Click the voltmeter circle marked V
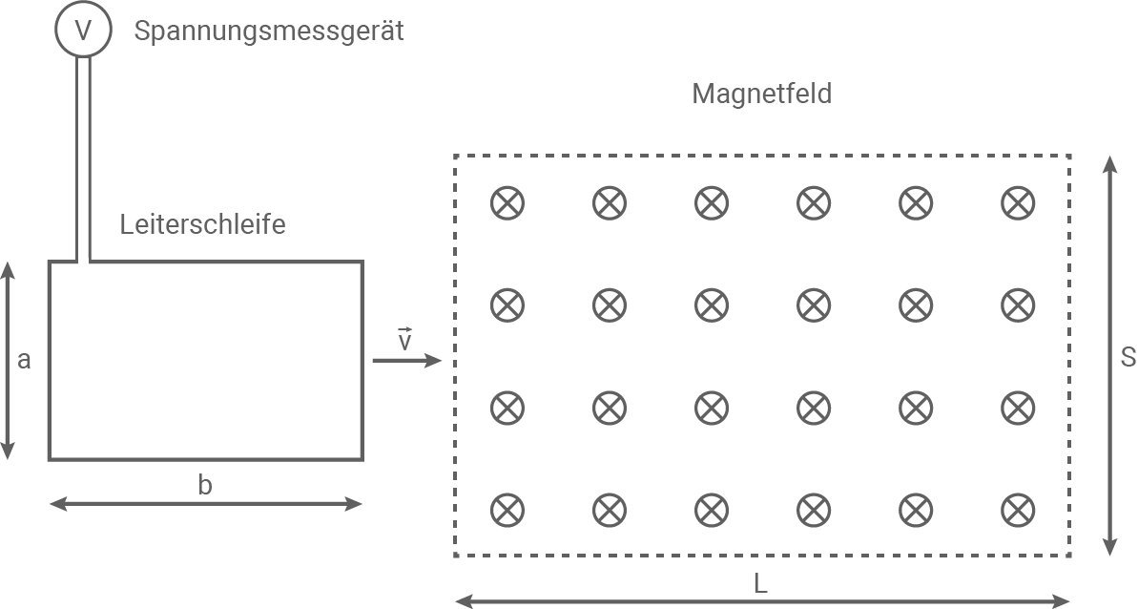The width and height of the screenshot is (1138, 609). click(x=84, y=30)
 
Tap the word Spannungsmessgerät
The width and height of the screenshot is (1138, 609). click(x=269, y=31)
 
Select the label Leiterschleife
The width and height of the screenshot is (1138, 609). click(x=203, y=225)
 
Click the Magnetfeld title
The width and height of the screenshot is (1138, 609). click(x=762, y=94)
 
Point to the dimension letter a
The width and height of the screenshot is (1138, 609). click(x=25, y=360)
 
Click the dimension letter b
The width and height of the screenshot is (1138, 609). click(x=205, y=485)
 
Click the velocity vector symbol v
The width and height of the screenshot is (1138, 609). click(x=404, y=339)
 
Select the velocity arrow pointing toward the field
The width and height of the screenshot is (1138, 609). click(x=406, y=360)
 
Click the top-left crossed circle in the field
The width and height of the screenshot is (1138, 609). click(x=507, y=202)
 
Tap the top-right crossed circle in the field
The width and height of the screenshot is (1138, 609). click(x=1018, y=202)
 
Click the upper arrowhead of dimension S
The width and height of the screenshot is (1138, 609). click(x=1108, y=165)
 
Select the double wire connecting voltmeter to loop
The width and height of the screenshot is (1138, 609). click(x=84, y=157)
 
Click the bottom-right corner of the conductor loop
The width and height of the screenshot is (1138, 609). click(x=362, y=458)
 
